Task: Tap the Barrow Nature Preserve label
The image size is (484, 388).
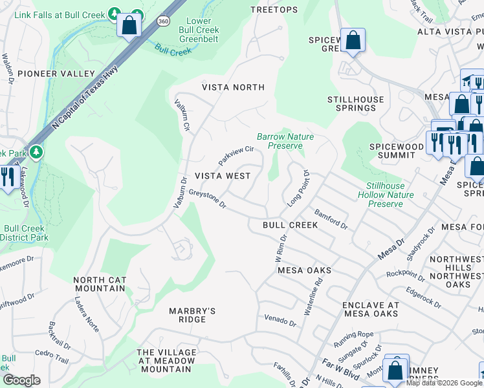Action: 285,141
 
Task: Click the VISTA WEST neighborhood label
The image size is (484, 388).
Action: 223,176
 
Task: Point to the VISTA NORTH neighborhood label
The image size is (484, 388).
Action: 233,87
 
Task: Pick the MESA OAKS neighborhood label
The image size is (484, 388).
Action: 304,270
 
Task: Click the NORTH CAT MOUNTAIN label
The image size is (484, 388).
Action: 99,284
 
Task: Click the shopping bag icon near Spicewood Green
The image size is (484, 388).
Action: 353,41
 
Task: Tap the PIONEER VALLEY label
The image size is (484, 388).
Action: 56,74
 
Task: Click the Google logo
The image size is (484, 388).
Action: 21,380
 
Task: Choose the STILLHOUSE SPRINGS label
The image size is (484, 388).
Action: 355,104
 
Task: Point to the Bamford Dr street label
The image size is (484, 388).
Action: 331,219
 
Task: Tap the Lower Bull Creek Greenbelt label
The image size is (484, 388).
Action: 199,30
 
